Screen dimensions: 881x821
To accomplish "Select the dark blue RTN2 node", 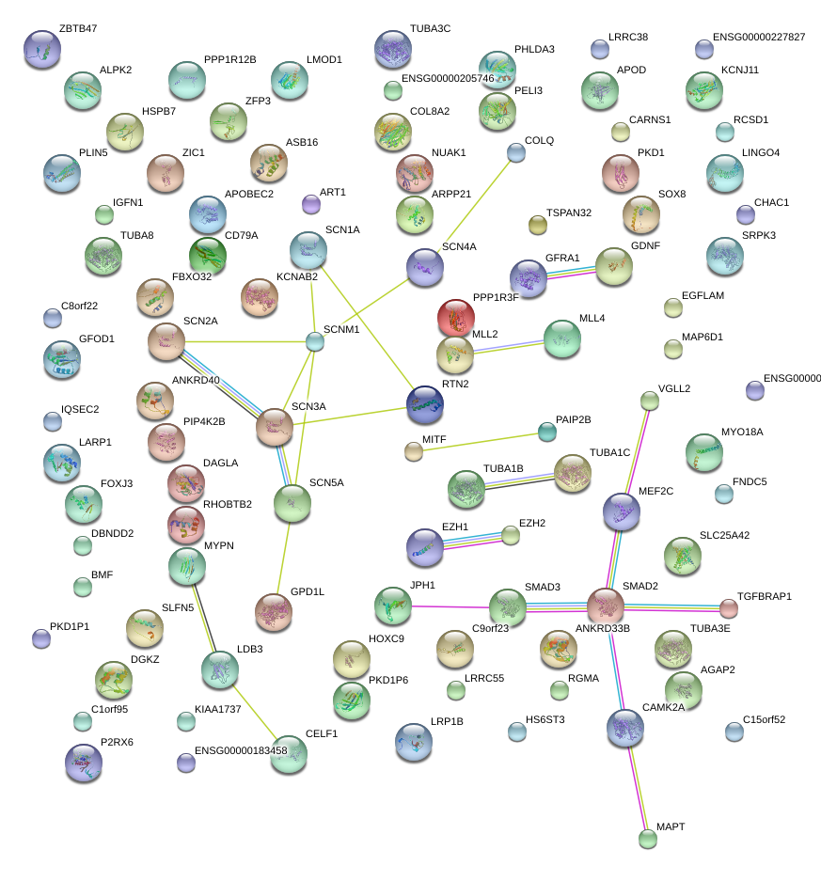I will click(x=425, y=403).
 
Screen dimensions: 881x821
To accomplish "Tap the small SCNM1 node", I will click(x=315, y=342).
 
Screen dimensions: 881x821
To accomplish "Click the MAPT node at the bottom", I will click(x=647, y=839).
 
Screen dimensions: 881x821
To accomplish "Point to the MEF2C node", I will click(x=621, y=512).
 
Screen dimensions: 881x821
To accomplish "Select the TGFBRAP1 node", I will click(x=728, y=608).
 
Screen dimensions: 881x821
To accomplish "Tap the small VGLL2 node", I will click(x=649, y=401).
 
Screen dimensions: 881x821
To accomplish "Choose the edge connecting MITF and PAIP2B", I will click(x=480, y=442).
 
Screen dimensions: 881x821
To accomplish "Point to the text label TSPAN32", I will click(x=569, y=212).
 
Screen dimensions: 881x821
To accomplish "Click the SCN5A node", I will click(x=292, y=504).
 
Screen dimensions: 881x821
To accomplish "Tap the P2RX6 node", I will click(x=83, y=763).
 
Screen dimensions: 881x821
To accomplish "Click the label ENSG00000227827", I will click(x=759, y=37).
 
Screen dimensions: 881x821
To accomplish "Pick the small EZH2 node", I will click(x=510, y=536).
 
